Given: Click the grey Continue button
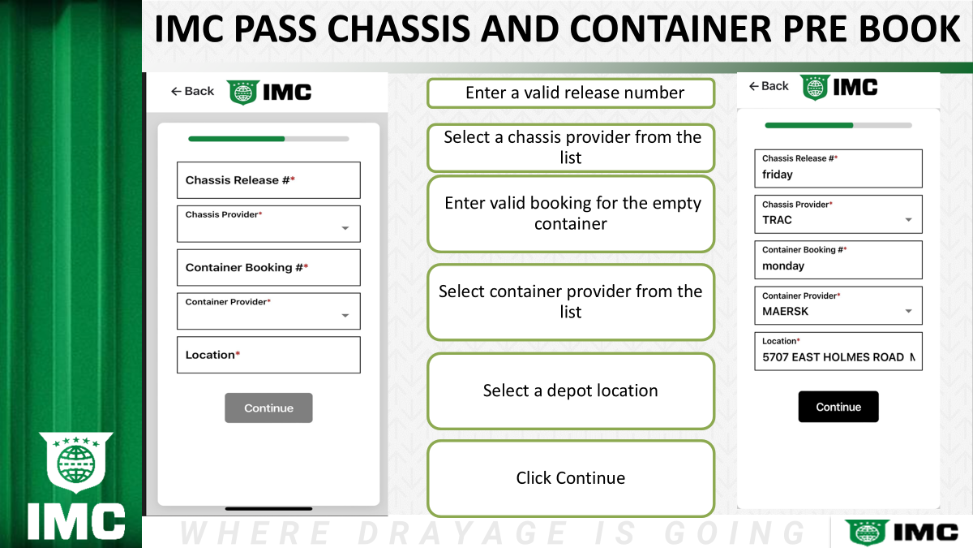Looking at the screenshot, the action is [x=268, y=408].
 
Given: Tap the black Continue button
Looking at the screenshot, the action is [x=838, y=407].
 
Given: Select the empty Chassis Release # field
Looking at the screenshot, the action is [x=268, y=180].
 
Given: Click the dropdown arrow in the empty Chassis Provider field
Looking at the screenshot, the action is [x=345, y=228].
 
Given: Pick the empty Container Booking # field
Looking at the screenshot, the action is [x=268, y=267].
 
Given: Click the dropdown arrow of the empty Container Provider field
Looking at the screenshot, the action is [x=345, y=316].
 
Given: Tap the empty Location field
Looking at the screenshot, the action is [x=268, y=355].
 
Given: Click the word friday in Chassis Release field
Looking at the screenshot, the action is [x=778, y=175].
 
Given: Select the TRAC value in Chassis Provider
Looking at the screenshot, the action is [x=777, y=220].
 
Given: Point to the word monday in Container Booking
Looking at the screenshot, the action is [x=783, y=265].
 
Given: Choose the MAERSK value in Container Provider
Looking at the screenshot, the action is [x=786, y=312].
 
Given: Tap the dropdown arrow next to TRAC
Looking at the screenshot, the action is [x=908, y=220].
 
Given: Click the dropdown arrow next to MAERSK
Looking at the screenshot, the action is [x=908, y=312].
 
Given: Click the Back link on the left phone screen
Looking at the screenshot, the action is [x=192, y=91].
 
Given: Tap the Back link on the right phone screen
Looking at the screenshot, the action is [x=769, y=86].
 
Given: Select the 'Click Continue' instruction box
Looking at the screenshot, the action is [x=571, y=478].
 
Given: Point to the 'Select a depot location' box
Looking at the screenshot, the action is [x=571, y=391].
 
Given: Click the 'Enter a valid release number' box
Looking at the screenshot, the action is [x=571, y=93].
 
